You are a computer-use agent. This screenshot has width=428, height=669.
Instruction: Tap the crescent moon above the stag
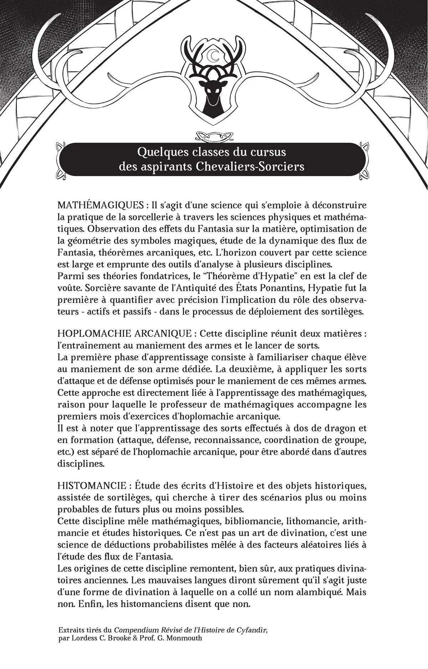coord(214,55)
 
